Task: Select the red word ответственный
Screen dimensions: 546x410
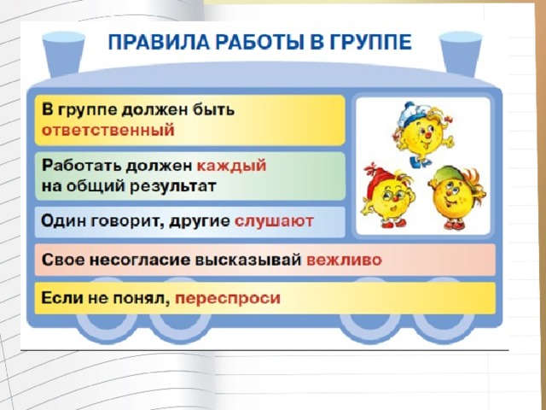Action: tap(108, 131)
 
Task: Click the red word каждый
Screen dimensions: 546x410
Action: tap(231, 166)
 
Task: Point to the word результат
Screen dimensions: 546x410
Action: tap(173, 186)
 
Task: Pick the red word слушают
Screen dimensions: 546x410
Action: tap(274, 221)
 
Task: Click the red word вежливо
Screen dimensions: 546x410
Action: tap(344, 260)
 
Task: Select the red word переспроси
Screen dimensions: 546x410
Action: tap(228, 298)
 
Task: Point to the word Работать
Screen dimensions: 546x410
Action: tap(82, 165)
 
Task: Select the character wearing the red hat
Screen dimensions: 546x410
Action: tap(387, 196)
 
